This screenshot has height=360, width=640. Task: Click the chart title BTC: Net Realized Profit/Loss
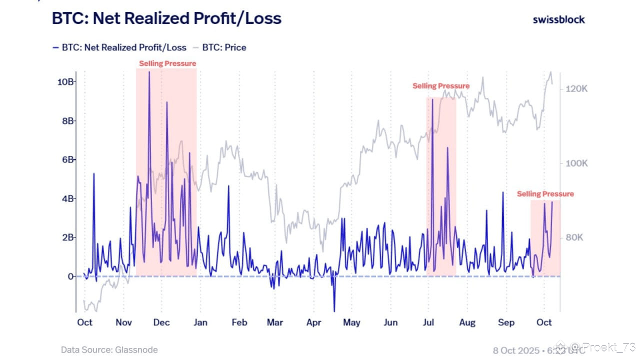[166, 18]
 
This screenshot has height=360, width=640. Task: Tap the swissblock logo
[558, 19]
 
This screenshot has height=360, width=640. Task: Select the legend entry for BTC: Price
[224, 47]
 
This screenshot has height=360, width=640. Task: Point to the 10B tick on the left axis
[65, 81]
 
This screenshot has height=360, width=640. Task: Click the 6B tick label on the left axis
[67, 159]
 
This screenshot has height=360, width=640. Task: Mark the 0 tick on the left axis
[70, 276]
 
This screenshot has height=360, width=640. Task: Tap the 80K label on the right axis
[574, 237]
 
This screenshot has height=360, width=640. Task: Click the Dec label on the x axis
[161, 322]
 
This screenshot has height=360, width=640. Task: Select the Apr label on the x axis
[313, 322]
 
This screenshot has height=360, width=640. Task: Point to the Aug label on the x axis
[467, 322]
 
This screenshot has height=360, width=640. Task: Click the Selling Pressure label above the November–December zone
[167, 63]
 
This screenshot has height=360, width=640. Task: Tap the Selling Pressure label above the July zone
[441, 86]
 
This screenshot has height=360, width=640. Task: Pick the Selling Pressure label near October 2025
[545, 194]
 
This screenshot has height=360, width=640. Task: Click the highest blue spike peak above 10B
[149, 72]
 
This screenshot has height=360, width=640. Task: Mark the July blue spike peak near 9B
[432, 100]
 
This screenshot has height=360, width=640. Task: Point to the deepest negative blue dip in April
[334, 311]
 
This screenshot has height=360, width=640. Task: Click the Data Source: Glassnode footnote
[109, 350]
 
